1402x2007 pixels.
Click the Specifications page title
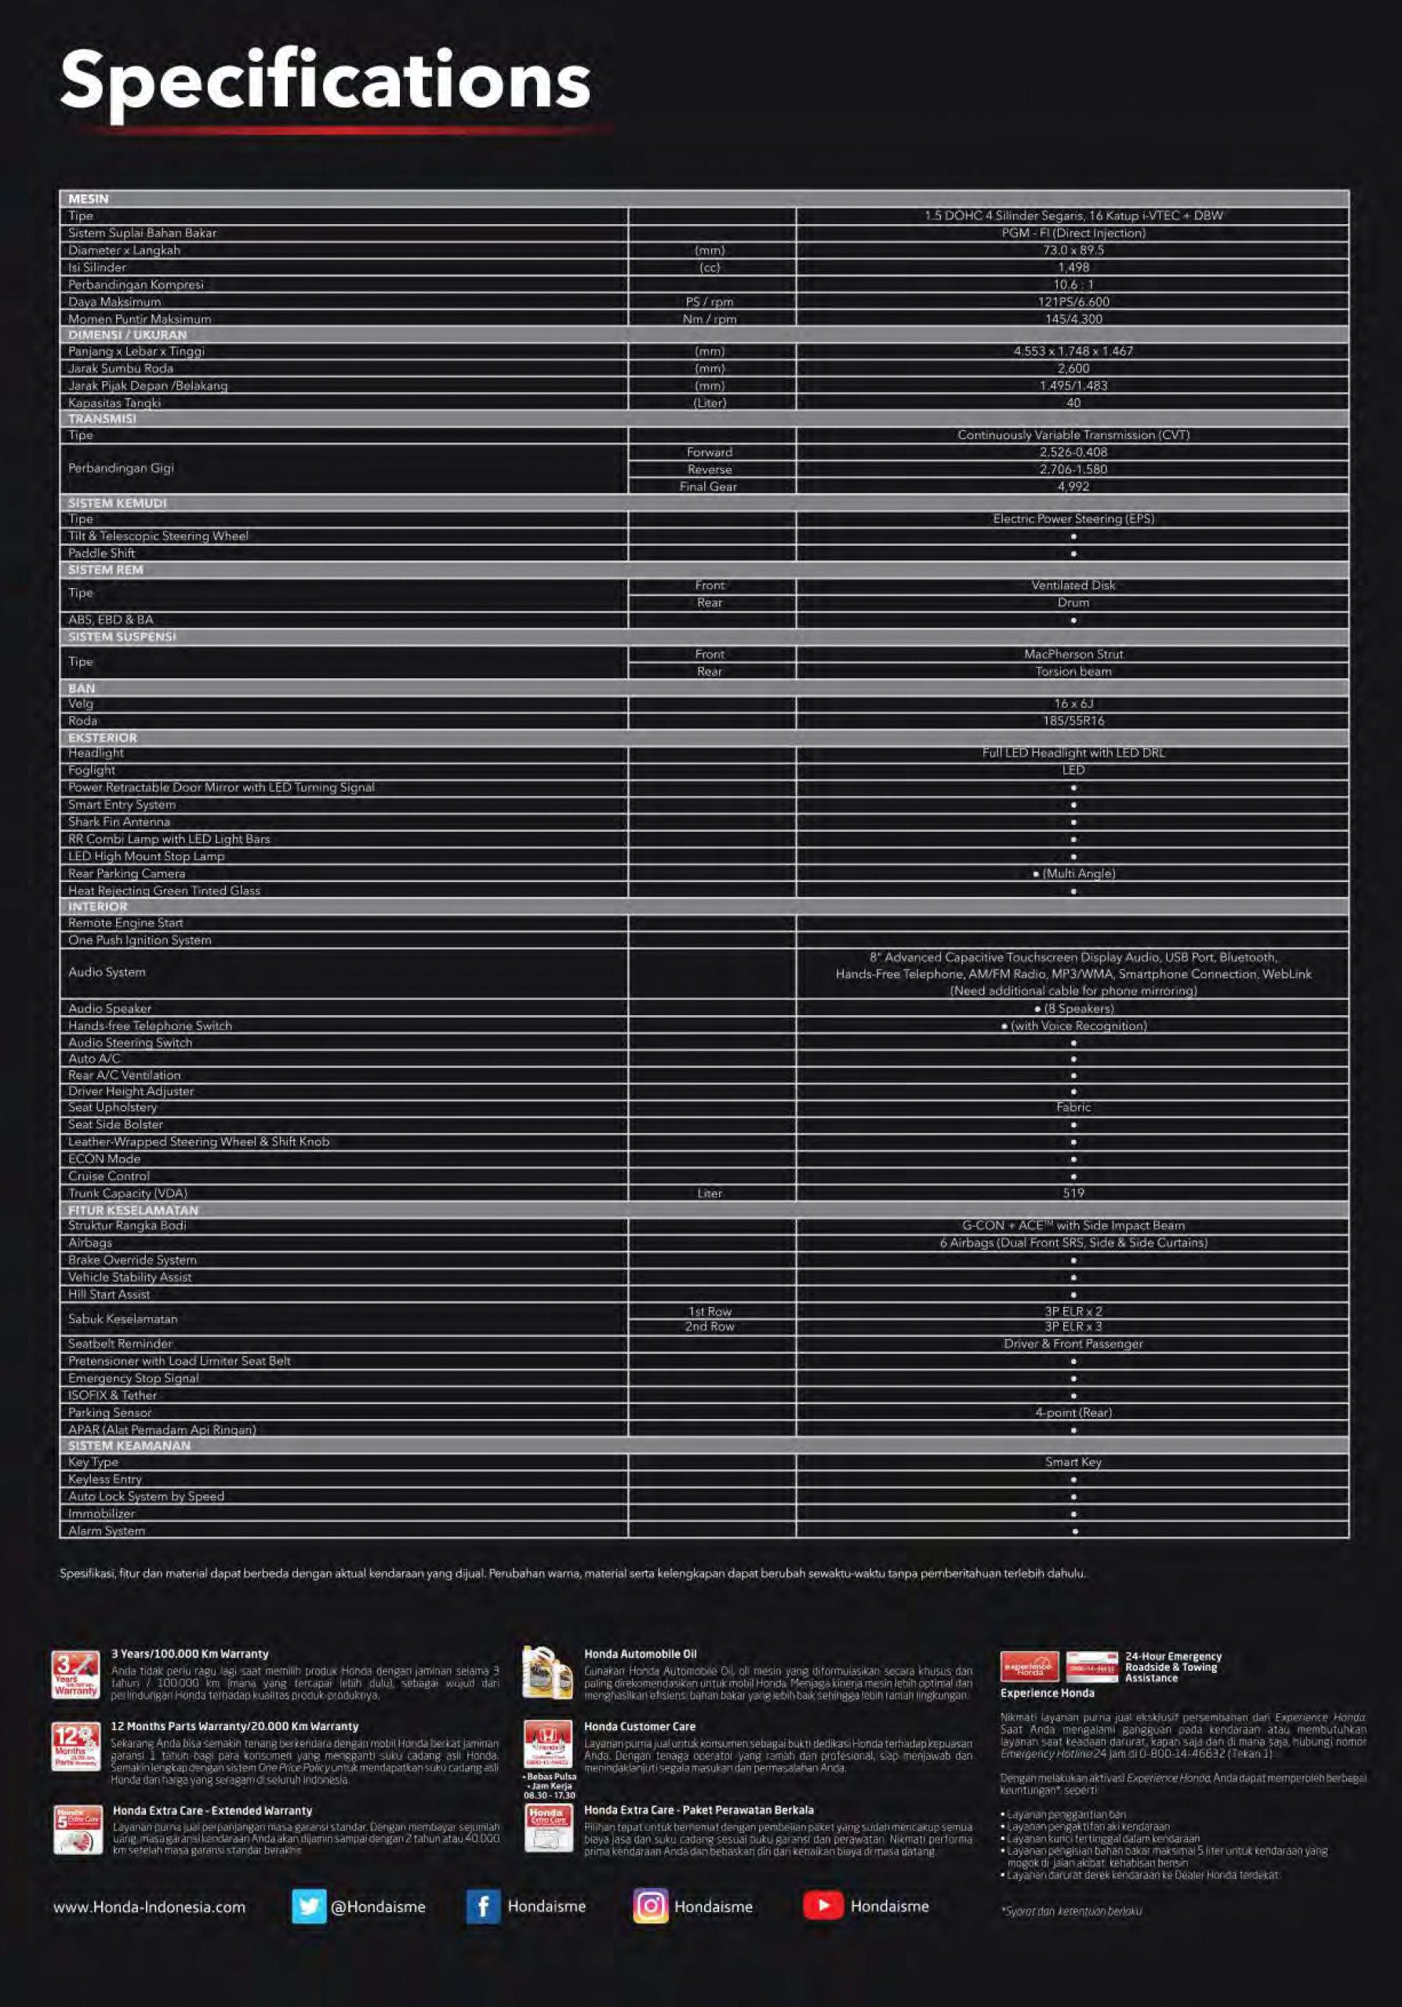325,82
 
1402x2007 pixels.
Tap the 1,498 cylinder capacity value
1073,267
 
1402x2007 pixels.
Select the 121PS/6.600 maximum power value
1073,302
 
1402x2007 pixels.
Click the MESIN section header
89,198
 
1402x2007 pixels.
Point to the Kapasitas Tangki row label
114,403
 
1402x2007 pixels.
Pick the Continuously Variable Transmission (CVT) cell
1073,434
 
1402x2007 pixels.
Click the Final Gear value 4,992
1073,486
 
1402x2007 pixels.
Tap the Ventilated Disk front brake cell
1073,585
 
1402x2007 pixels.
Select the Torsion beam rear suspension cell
1073,671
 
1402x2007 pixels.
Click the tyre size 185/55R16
1073,721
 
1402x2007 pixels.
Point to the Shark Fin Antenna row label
120,822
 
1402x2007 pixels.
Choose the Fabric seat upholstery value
1073,1107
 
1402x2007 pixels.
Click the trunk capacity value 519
1073,1193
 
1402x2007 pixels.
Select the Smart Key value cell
1073,1461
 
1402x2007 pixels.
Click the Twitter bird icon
308,1907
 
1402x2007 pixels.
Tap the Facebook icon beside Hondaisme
482,1907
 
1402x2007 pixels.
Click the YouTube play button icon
823,1906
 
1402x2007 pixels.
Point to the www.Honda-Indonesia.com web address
150,1907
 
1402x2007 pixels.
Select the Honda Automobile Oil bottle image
547,1672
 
